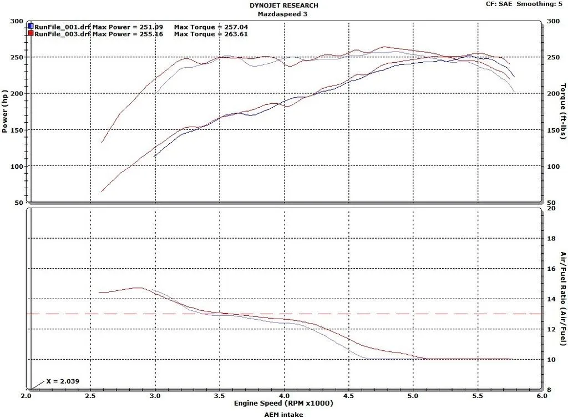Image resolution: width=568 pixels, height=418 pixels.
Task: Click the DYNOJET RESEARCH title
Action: pyautogui.click(x=283, y=6)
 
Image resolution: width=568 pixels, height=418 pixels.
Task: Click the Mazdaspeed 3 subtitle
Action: pyautogui.click(x=284, y=14)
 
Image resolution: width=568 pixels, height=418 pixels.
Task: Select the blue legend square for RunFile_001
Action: pyautogui.click(x=31, y=26)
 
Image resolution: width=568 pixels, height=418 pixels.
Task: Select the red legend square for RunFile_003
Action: pyautogui.click(x=31, y=33)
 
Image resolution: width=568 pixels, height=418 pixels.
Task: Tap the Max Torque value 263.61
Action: pyautogui.click(x=234, y=34)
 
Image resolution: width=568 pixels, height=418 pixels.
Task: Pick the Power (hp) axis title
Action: pyautogui.click(x=5, y=112)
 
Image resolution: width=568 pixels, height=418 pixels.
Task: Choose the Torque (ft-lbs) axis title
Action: pyautogui.click(x=563, y=112)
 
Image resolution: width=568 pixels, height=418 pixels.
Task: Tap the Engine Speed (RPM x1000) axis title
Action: pyautogui.click(x=284, y=404)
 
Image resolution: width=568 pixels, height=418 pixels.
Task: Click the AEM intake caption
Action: pyautogui.click(x=284, y=414)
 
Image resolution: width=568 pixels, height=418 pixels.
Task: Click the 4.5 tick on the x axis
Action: pyautogui.click(x=348, y=396)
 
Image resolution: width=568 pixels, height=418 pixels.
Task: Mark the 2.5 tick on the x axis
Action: pyautogui.click(x=90, y=396)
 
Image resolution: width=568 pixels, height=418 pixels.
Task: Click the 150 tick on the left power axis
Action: pyautogui.click(x=17, y=130)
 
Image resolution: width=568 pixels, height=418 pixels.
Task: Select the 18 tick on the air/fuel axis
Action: pyautogui.click(x=551, y=239)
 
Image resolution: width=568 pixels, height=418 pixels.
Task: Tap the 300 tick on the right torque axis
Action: pyautogui.click(x=552, y=21)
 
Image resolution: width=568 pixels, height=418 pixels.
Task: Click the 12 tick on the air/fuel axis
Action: pyautogui.click(x=551, y=329)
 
